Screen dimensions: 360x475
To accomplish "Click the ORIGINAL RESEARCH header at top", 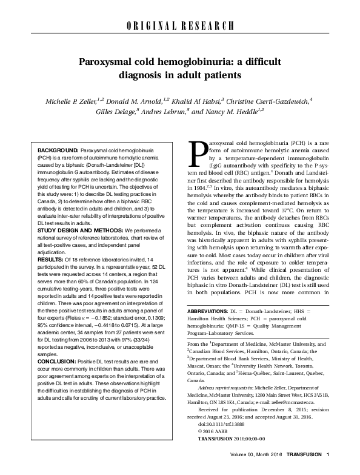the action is coord(179,25).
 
